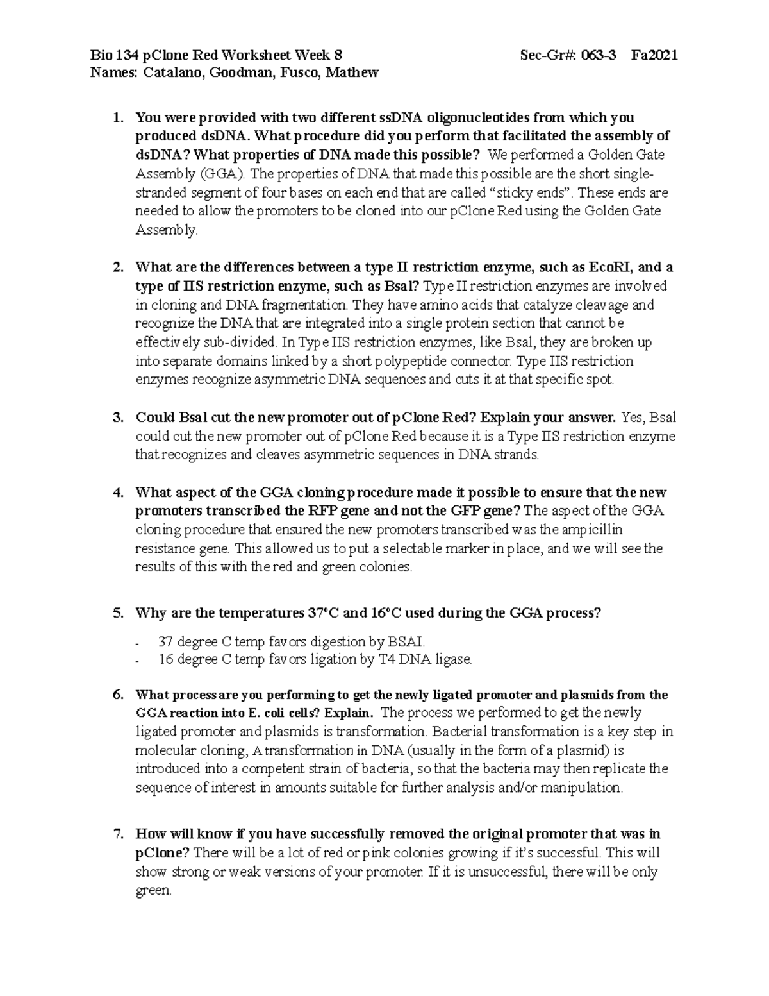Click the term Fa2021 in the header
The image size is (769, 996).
tap(654, 55)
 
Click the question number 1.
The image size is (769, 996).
tap(117, 117)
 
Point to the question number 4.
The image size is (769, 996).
tap(117, 493)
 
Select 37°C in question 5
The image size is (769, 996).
tap(320, 612)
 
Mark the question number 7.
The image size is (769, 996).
tap(117, 834)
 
